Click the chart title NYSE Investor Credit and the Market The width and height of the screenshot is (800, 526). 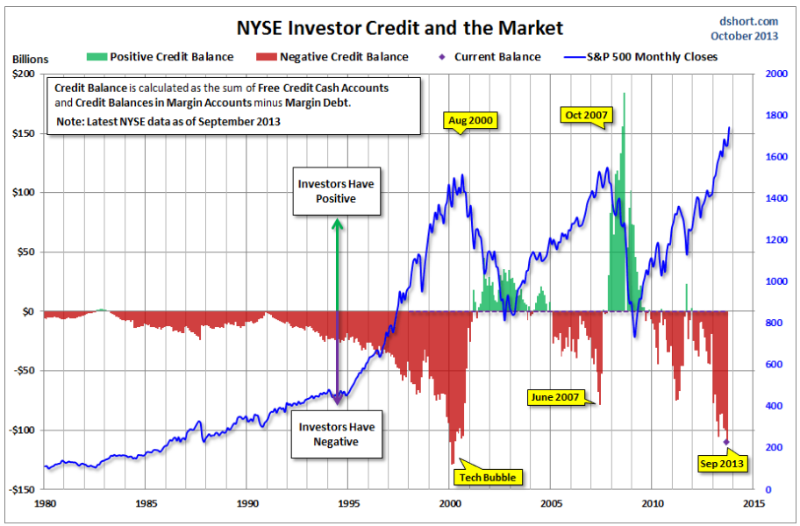(399, 28)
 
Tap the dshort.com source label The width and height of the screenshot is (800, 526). (748, 21)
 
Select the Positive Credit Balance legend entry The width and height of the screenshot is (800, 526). (161, 57)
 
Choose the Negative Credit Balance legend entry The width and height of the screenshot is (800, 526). (332, 57)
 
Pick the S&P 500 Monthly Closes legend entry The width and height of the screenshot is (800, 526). (641, 57)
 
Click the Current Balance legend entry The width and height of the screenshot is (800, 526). (489, 57)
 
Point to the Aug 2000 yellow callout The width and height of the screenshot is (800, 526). (470, 121)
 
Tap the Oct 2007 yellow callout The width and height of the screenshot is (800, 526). (586, 116)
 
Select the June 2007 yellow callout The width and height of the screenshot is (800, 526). (555, 397)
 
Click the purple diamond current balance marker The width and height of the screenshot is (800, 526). (726, 442)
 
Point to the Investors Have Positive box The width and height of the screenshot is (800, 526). (336, 191)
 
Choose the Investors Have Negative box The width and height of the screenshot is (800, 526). (337, 434)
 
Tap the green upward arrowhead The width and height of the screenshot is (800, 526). (337, 224)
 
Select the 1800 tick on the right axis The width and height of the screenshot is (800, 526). (776, 115)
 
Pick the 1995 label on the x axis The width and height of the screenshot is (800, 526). (349, 503)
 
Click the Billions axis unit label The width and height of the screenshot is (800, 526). (30, 59)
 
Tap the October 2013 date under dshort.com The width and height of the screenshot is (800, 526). (745, 36)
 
